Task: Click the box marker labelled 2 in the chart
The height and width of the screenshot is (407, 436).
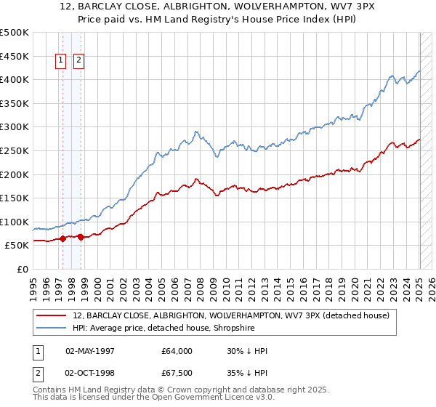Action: pos(78,61)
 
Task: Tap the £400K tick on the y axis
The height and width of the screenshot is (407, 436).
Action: pos(15,79)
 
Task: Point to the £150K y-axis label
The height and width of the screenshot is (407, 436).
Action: pos(15,198)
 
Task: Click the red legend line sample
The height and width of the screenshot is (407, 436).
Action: pos(52,315)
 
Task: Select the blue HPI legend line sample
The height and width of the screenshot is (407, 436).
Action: pos(52,328)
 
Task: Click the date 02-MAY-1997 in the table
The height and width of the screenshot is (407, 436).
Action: pos(92,351)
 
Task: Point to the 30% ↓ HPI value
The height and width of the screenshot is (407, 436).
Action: pos(247,351)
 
